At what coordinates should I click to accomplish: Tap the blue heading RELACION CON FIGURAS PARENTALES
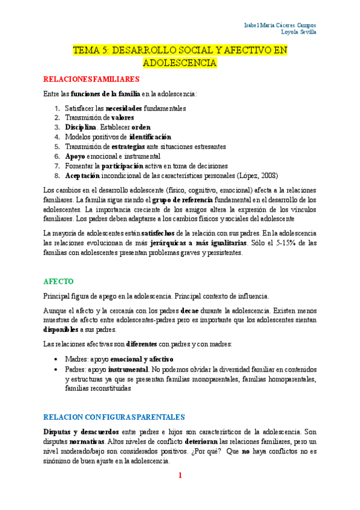point(114,416)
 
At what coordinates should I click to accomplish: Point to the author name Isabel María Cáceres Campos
point(281,25)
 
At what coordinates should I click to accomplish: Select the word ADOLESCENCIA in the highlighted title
point(180,63)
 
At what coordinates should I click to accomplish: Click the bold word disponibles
point(61,330)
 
